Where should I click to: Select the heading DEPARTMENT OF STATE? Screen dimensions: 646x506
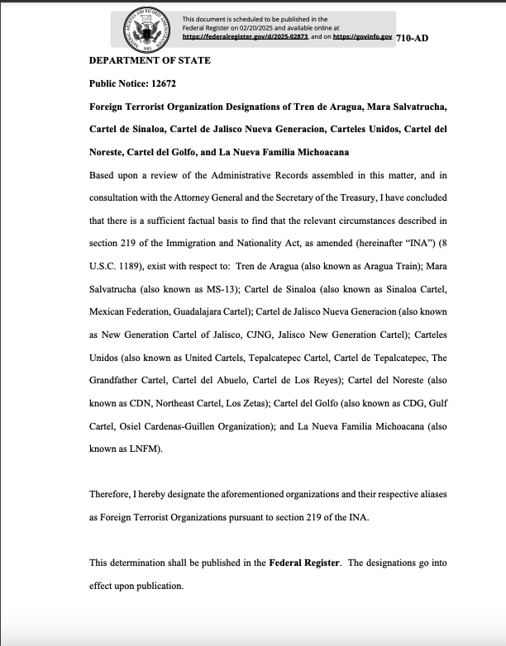click(150, 60)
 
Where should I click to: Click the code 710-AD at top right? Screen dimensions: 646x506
click(413, 38)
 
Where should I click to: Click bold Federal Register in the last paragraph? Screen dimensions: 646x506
click(304, 562)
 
